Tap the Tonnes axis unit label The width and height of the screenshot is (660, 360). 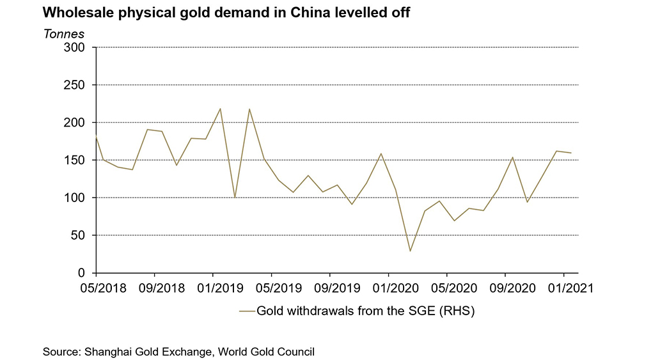click(63, 33)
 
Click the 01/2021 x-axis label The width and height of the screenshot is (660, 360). click(563, 288)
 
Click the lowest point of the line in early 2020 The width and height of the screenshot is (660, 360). click(409, 251)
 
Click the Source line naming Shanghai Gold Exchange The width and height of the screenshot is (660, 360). click(179, 351)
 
